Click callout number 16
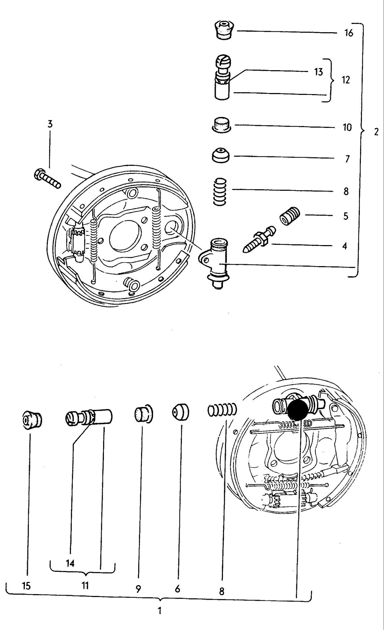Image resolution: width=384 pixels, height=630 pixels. click(x=348, y=33)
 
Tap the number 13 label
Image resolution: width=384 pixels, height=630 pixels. click(x=318, y=72)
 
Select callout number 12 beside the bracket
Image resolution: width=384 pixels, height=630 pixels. click(x=345, y=80)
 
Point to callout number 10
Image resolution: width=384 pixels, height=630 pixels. click(x=347, y=127)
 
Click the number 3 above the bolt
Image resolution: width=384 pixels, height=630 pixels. click(x=50, y=124)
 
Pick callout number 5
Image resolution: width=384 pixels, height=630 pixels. click(x=345, y=216)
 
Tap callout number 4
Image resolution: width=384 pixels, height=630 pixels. click(x=344, y=246)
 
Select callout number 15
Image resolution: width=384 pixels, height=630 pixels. click(x=26, y=586)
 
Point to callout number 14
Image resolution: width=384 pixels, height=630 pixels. click(x=70, y=563)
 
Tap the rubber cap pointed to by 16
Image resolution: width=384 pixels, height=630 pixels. click(x=224, y=31)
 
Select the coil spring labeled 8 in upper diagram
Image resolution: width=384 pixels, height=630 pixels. click(x=220, y=192)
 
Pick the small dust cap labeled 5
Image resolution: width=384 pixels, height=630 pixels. click(x=290, y=216)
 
